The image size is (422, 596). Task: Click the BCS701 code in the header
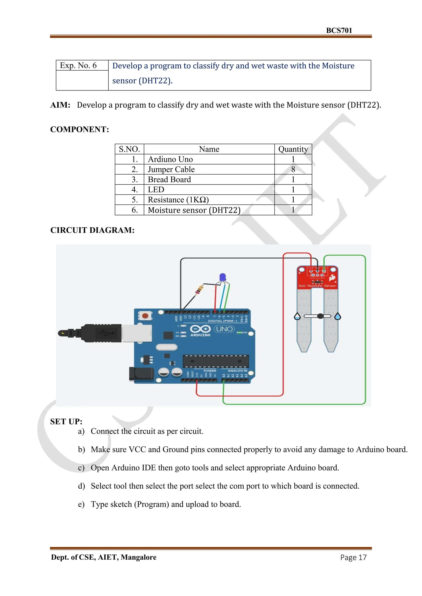(339, 31)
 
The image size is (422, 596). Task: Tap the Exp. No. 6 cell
(78, 65)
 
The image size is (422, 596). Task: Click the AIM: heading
(60, 105)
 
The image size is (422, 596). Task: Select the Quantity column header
(293, 149)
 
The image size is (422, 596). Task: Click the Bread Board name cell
(169, 180)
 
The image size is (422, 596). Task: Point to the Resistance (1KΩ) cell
(178, 200)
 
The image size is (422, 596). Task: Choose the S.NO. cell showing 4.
(134, 190)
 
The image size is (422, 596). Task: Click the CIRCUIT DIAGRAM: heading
(92, 230)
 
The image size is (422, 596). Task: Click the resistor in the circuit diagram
(199, 290)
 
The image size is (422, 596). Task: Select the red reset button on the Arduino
(145, 316)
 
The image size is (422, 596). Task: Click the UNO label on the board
(224, 329)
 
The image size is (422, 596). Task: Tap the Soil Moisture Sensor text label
(317, 286)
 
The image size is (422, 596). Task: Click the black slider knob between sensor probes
(320, 316)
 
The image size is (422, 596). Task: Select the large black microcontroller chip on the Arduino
(216, 361)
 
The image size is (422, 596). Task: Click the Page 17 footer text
(353, 557)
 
